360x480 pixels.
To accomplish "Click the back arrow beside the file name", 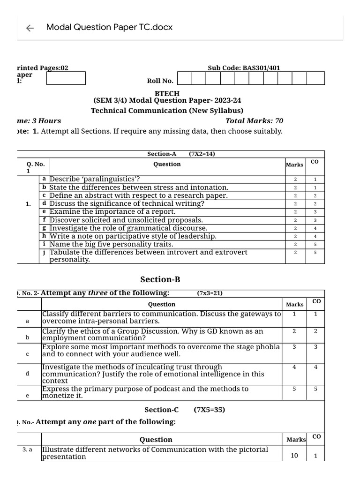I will (30, 28).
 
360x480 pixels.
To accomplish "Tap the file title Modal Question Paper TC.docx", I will (109, 27).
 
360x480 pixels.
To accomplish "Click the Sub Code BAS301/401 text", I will (244, 68).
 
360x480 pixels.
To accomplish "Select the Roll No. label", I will (160, 81).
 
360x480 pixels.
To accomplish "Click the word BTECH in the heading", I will (167, 94).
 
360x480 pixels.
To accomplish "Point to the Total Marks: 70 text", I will (254, 121).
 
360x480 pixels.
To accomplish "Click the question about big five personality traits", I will (112, 244).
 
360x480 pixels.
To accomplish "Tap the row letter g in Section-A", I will (44, 228).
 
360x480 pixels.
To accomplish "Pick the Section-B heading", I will (160, 280).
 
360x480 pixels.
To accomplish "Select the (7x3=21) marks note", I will (210, 293).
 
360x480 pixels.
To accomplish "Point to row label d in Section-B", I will (27, 374).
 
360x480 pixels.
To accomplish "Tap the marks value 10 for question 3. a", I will (294, 455).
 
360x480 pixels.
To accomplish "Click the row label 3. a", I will (27, 450).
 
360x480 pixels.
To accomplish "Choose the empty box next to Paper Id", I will (66, 78).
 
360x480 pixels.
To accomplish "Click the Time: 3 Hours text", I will (39, 121).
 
